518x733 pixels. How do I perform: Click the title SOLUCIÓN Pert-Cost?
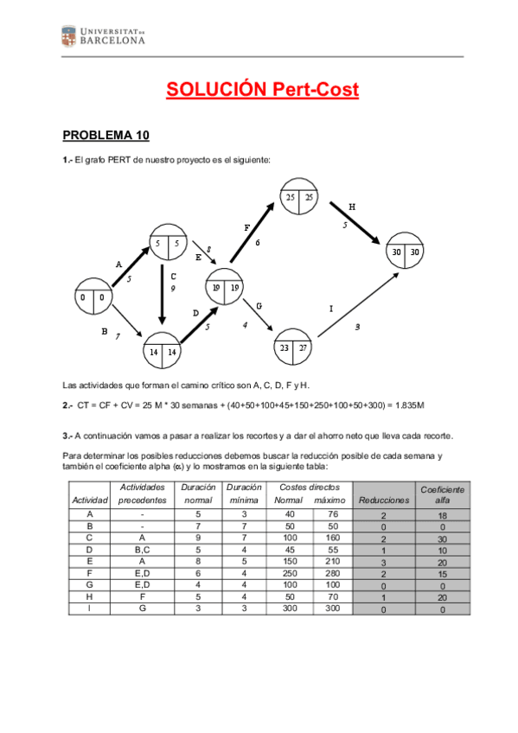click(262, 89)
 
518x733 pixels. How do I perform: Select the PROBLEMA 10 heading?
click(106, 136)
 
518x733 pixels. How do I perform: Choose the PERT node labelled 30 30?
click(404, 251)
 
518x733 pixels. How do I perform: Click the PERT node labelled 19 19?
click(224, 288)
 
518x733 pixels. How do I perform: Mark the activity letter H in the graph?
click(352, 207)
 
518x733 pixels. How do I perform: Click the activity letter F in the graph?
click(246, 227)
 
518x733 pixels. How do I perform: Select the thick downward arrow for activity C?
click(162, 294)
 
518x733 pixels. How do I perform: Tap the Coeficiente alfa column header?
click(442, 494)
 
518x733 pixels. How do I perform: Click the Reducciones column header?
click(383, 500)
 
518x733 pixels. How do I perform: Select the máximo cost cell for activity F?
click(329, 572)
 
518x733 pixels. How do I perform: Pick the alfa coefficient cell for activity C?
click(442, 537)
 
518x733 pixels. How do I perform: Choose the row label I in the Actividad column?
click(90, 609)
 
